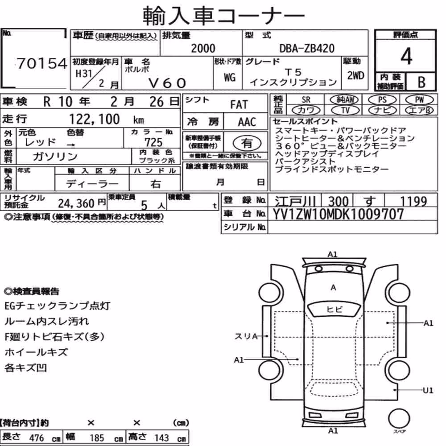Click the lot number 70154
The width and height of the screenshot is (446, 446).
pyautogui.click(x=42, y=63)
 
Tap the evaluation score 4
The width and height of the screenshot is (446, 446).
pyautogui.click(x=406, y=56)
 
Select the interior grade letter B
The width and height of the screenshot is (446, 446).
pyautogui.click(x=421, y=82)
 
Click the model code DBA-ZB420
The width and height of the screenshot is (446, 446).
pyautogui.click(x=307, y=48)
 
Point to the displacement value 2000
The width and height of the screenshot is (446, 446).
pyautogui.click(x=203, y=48)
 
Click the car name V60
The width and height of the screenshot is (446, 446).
pyautogui.click(x=167, y=83)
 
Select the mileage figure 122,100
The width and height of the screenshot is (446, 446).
pyautogui.click(x=95, y=119)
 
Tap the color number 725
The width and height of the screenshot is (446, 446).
pyautogui.click(x=153, y=142)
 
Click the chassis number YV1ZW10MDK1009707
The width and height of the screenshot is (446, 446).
pyautogui.click(x=338, y=214)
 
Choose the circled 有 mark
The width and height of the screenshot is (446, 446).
pyautogui.click(x=247, y=143)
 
